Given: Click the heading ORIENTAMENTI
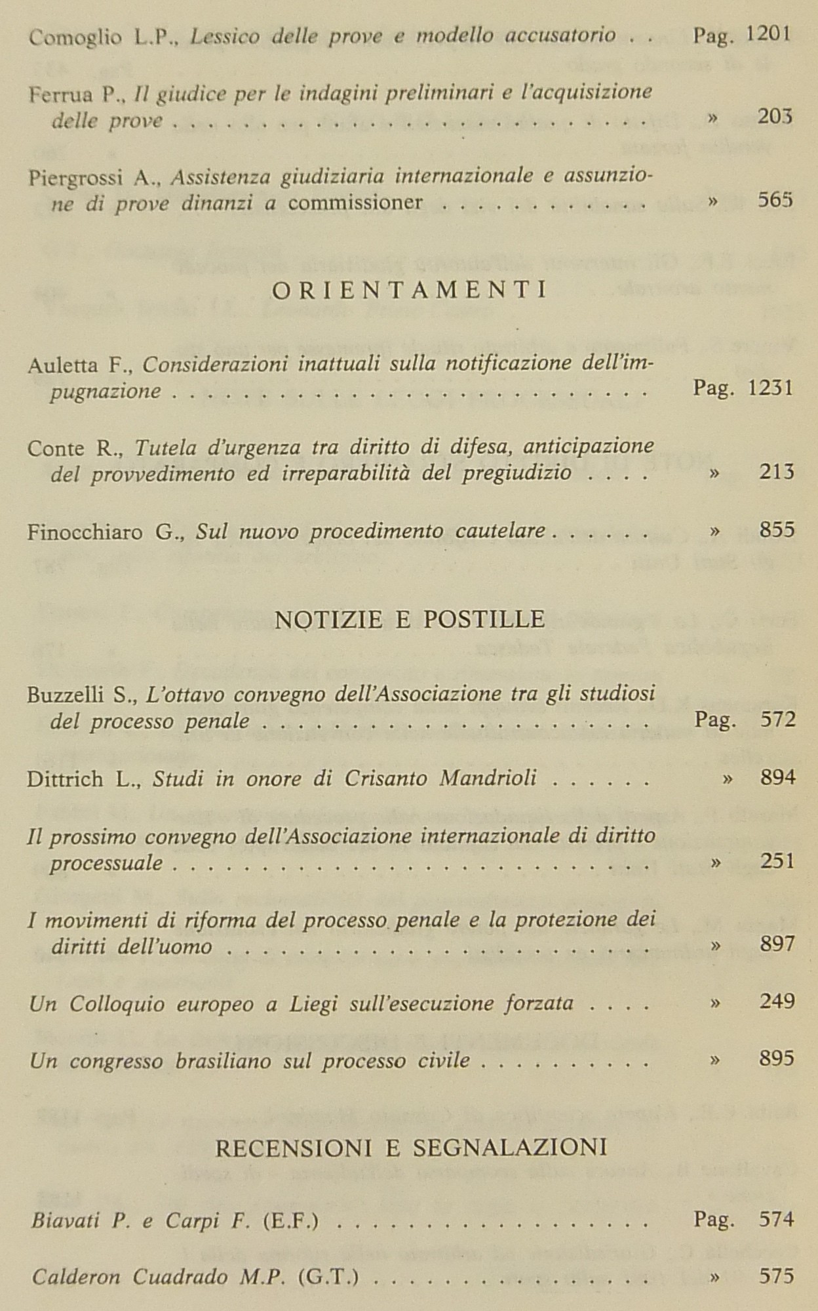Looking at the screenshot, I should (409, 291).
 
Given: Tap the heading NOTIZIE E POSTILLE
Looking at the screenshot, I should (410, 620).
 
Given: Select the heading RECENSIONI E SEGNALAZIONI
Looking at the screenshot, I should (411, 1147).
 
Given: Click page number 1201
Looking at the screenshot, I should (768, 34).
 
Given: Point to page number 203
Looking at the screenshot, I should (775, 117).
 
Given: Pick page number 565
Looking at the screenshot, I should (775, 200).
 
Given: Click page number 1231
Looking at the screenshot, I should (770, 388).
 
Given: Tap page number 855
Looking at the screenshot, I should (777, 529).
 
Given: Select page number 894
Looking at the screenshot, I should (778, 778).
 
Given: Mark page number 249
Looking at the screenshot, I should (777, 1001).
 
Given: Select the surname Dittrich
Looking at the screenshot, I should (65, 779).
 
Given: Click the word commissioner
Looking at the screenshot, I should (355, 203).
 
